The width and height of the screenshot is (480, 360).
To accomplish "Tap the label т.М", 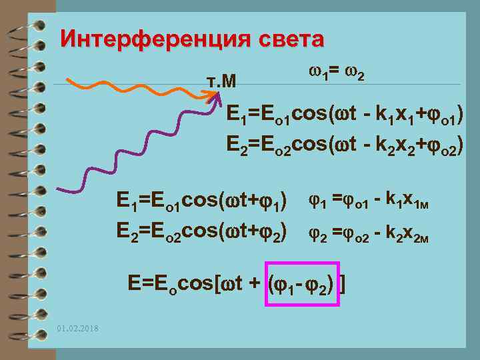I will (x=219, y=81).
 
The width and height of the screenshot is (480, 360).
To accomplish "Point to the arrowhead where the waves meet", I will (x=216, y=95).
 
